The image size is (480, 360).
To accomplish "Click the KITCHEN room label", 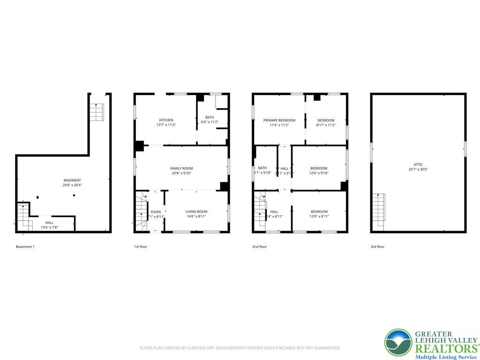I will pos(166,120).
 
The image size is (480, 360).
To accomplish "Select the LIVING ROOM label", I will pos(196,212).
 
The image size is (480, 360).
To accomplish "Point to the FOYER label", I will pos(156,212).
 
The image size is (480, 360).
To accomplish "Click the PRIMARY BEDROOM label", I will pos(279,120).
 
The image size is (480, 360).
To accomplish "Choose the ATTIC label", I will pos(418,165).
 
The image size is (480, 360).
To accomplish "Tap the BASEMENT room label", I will pos(72,180).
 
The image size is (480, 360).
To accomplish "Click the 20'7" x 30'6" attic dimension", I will pos(418,170).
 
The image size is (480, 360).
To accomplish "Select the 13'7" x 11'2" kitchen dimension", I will pos(166,125).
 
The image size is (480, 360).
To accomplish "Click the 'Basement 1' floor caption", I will pos(25,247).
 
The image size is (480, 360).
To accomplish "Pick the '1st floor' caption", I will pos(141,247).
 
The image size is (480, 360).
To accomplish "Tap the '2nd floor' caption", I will pos(259,247).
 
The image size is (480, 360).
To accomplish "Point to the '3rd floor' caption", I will pos(377,247).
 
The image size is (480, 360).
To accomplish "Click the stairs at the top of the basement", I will pos(96,112).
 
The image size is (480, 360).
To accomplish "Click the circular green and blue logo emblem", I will pos(398,343).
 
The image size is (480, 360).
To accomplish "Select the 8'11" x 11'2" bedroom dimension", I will pos(326,125).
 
